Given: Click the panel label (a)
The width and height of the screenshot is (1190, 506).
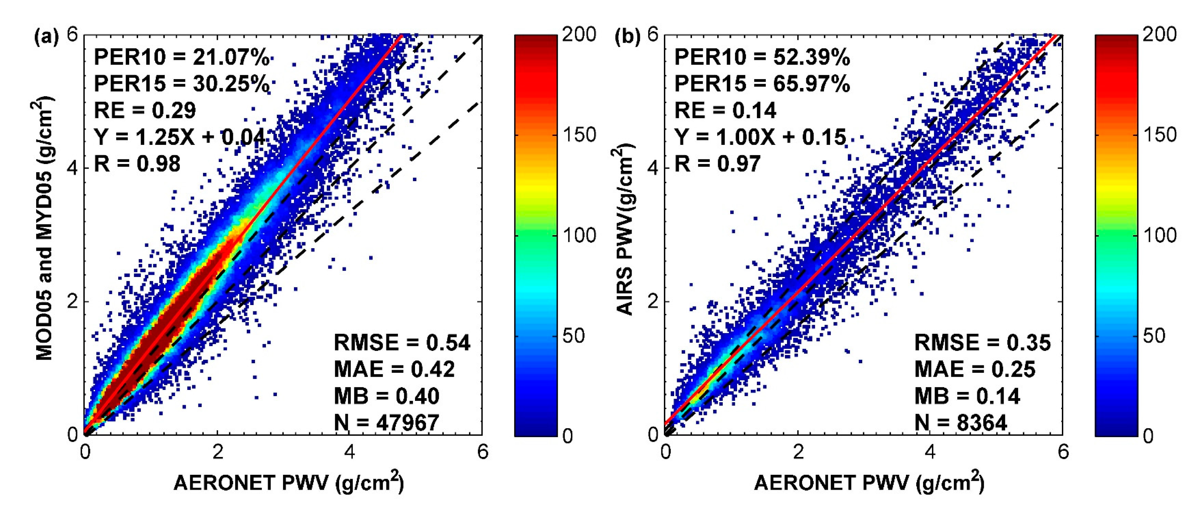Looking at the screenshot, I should tap(47, 37).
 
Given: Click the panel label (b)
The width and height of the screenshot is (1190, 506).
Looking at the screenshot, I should tap(627, 37).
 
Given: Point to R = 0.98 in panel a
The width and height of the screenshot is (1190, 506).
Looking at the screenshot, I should tap(137, 164).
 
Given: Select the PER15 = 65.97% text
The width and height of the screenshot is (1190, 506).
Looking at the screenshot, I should tap(762, 84).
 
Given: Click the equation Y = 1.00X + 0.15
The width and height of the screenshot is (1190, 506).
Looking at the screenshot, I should tap(760, 137).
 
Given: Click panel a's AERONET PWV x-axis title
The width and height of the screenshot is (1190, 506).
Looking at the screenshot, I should tap(289, 483).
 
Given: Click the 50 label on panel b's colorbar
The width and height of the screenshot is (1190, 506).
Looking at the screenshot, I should tap(1153, 336).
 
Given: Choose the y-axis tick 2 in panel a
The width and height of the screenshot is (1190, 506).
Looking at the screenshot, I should tap(72, 301).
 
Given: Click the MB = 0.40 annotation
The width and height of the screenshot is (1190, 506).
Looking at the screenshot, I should tap(386, 396).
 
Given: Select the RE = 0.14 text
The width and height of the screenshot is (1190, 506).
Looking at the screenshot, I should tap(725, 111).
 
